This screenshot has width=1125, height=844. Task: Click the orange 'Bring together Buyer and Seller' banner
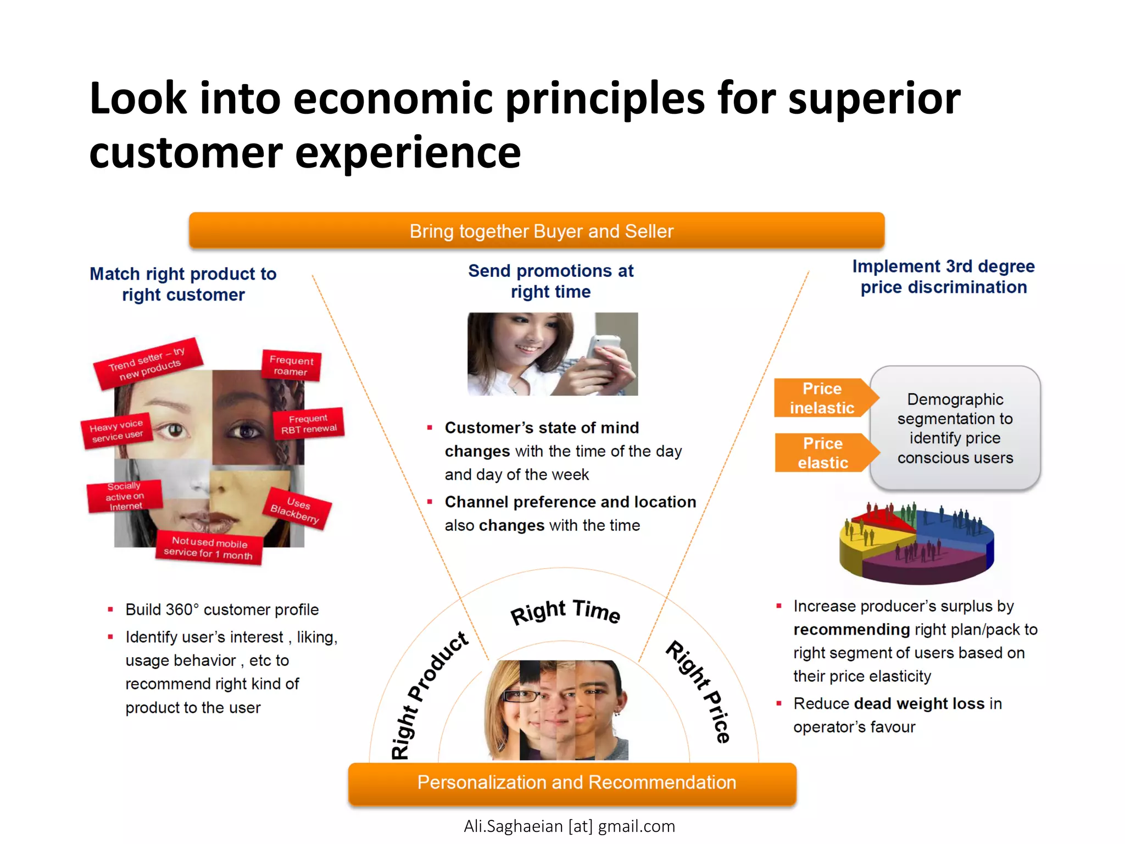pos(537,231)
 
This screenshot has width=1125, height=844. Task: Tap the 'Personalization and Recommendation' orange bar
pos(572,782)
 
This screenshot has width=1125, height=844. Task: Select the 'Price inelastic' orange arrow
pos(822,398)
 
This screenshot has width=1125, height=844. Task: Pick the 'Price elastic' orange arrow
pos(823,453)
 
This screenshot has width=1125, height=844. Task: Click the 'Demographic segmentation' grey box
pos(955,428)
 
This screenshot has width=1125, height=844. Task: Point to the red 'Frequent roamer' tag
pos(291,365)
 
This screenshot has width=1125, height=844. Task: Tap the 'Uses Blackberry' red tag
pos(298,509)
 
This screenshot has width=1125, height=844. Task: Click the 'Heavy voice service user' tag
pos(116,430)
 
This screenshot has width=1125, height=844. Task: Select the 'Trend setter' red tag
pos(147,363)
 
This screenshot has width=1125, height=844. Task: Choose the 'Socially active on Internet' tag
pos(125,496)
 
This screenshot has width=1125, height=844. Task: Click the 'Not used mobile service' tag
pos(209,548)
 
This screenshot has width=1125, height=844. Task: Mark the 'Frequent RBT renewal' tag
pos(308,424)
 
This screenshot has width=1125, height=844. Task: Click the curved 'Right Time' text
pos(565,611)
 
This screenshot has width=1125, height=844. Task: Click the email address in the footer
pos(569,826)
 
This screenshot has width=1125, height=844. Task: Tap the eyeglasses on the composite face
pos(520,696)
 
